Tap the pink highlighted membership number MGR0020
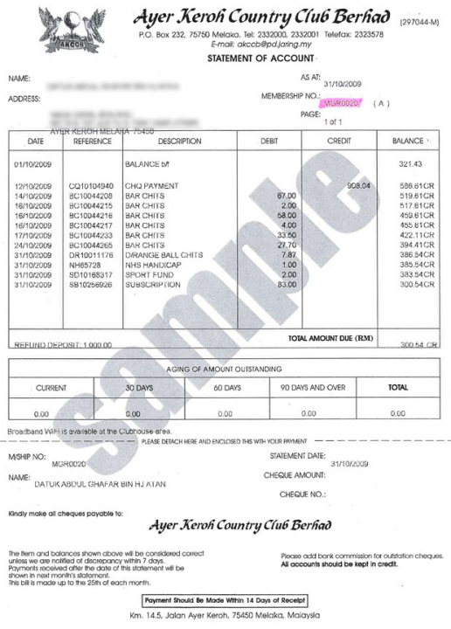pos(341,103)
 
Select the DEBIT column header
pos(268,141)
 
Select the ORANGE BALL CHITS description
pos(164,254)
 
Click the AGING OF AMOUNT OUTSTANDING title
pos(225,369)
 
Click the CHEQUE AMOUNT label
pos(294,475)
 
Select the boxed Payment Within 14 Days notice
pos(225,600)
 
